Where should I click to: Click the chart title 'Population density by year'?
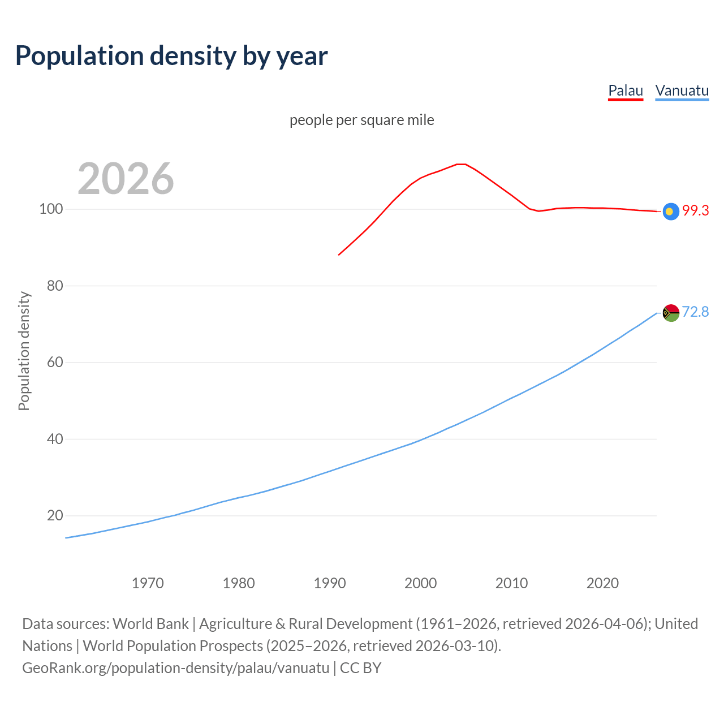click(x=171, y=56)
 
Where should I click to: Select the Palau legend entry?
click(x=626, y=91)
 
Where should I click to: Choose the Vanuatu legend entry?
click(x=682, y=91)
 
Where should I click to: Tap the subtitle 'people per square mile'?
click(x=362, y=120)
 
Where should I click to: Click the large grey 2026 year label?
click(x=126, y=179)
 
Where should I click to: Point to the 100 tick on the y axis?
click(x=50, y=209)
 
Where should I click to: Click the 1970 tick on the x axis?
click(x=148, y=583)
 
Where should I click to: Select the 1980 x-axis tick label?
click(x=239, y=583)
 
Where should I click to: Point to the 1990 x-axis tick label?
click(x=330, y=583)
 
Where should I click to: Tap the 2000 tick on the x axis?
click(x=421, y=583)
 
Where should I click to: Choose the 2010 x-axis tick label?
click(x=512, y=583)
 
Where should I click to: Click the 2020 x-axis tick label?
click(x=603, y=583)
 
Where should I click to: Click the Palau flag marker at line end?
click(x=671, y=212)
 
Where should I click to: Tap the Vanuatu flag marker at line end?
click(x=671, y=313)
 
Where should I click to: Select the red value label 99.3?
click(x=695, y=211)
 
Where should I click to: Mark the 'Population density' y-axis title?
click(x=24, y=351)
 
